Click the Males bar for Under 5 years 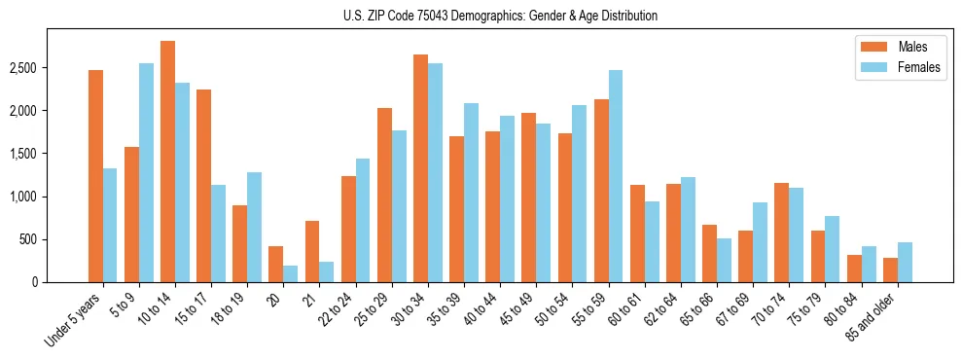point(95,176)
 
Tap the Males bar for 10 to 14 point(167,162)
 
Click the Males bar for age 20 point(276,264)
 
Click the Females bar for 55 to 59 point(616,176)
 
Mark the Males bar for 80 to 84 point(854,269)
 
